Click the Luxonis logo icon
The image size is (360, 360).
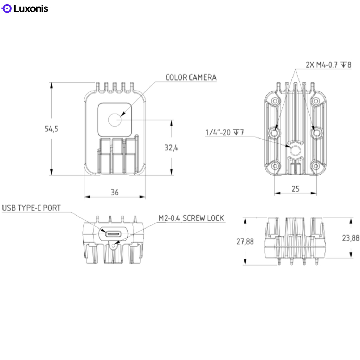7,9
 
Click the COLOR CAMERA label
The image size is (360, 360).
191,77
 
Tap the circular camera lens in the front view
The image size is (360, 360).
114,120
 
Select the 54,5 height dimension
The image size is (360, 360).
51,129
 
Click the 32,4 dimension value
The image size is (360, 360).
171,148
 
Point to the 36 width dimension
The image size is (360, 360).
115,192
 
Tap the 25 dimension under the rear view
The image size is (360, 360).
295,189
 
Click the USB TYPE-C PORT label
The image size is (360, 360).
31,208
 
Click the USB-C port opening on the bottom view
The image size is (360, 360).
114,233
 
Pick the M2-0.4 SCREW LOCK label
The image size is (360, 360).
191,218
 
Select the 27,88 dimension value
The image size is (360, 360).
245,242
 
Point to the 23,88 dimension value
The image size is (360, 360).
351,238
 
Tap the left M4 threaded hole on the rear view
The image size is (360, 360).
274,133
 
